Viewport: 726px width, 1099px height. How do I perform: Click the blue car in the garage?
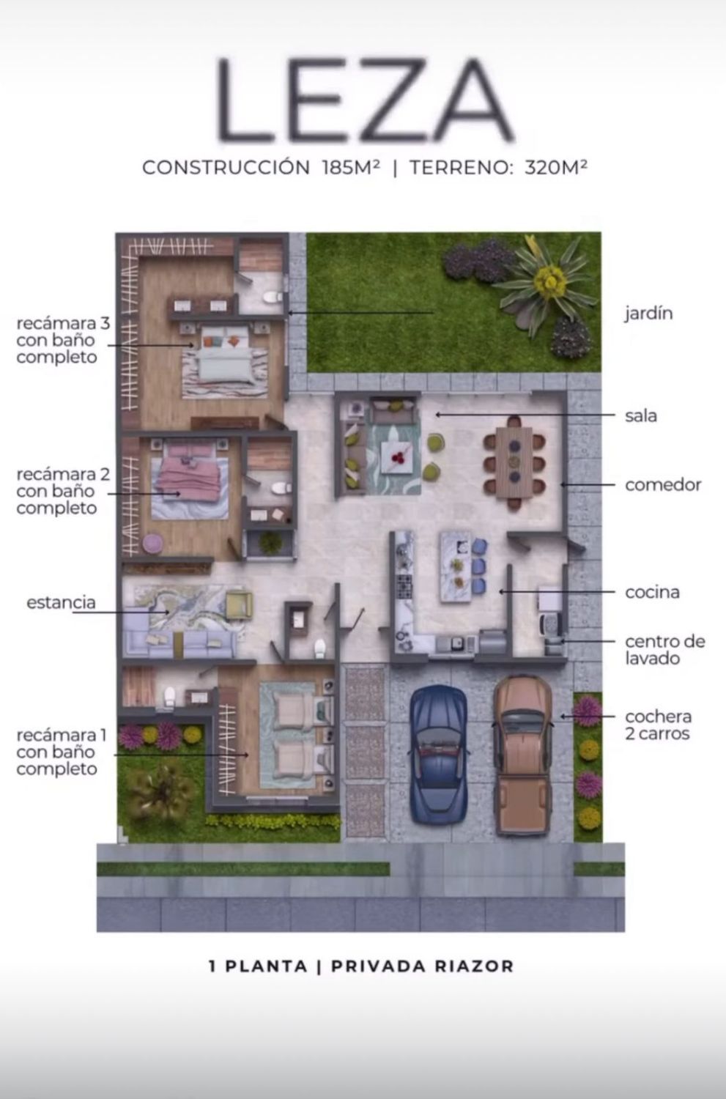438,755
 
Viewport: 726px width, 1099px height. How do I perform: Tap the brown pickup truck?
523,755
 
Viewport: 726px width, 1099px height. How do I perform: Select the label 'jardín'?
648,313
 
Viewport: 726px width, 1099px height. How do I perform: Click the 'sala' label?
640,415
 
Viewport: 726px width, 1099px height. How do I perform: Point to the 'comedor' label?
663,485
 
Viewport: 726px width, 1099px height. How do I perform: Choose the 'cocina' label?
652,592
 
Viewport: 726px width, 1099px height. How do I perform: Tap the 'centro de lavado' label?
664,650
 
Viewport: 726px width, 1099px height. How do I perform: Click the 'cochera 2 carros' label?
658,725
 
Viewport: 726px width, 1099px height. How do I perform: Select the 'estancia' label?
61,602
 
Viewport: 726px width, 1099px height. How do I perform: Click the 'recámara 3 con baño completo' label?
63,340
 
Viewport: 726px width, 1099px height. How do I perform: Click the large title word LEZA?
365,100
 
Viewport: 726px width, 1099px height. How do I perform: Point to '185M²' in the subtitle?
351,167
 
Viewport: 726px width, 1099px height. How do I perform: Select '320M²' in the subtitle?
556,167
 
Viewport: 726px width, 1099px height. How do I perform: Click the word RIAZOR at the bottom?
474,966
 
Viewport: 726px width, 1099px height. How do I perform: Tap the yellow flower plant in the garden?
550,281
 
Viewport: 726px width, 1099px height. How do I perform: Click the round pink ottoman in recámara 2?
152,543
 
